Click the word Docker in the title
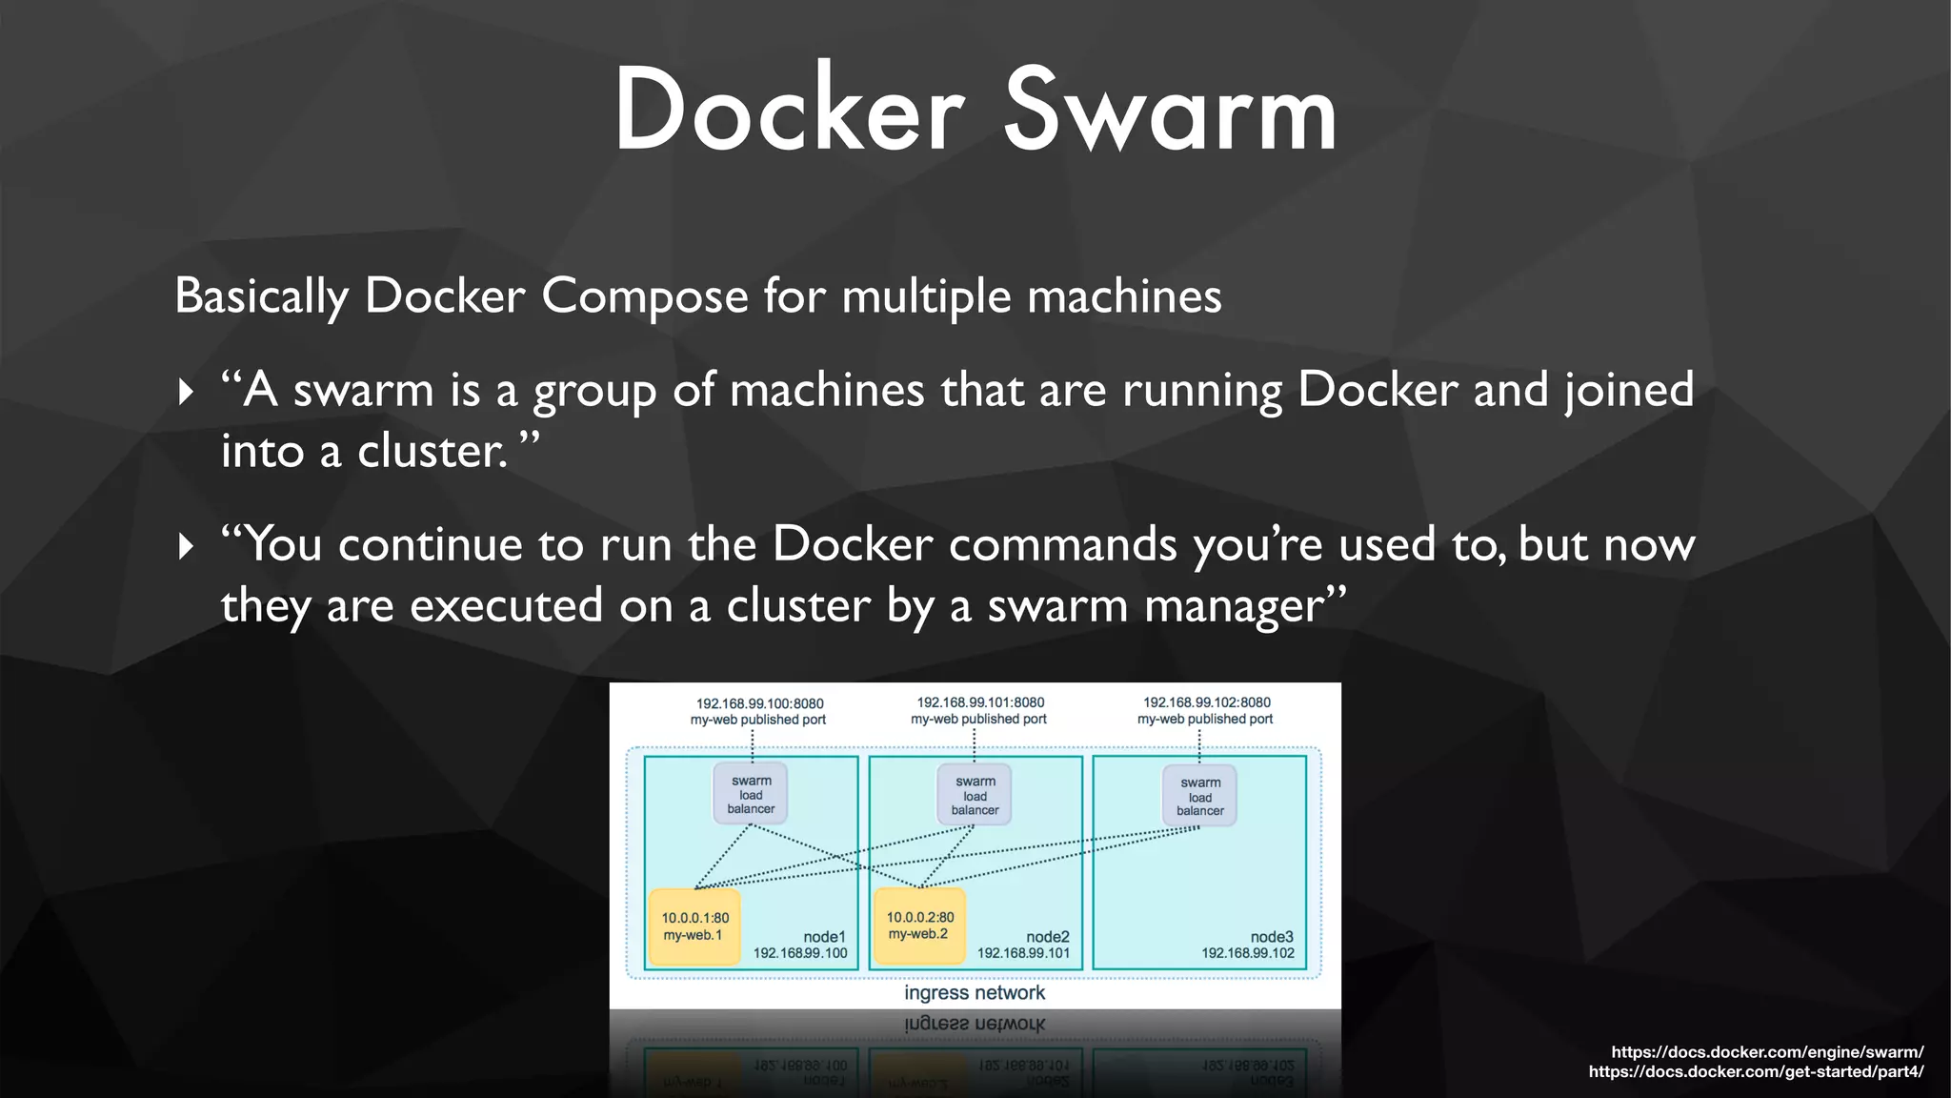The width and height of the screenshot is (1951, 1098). point(789,112)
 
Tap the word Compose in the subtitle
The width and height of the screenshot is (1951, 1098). point(645,295)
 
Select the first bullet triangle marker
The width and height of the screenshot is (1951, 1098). point(186,392)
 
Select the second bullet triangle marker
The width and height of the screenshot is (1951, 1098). point(186,546)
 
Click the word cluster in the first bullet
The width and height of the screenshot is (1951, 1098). point(432,451)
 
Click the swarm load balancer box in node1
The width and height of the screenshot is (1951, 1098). point(751,794)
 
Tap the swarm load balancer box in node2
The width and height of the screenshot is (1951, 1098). point(975,795)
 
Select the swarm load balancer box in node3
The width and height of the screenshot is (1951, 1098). point(1199,796)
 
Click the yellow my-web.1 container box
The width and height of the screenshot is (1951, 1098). point(694,926)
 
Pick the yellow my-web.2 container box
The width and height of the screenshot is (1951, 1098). point(919,925)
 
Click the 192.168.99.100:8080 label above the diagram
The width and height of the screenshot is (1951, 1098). point(759,703)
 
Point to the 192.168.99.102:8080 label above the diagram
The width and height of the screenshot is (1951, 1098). point(1206,702)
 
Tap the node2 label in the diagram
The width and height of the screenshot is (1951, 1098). point(1047,937)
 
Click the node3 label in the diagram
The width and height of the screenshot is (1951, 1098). point(1272,937)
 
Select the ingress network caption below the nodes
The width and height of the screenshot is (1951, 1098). point(975,993)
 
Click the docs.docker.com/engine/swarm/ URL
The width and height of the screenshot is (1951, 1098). point(1766,1052)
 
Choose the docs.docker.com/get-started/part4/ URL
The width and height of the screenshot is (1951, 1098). point(1755,1072)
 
